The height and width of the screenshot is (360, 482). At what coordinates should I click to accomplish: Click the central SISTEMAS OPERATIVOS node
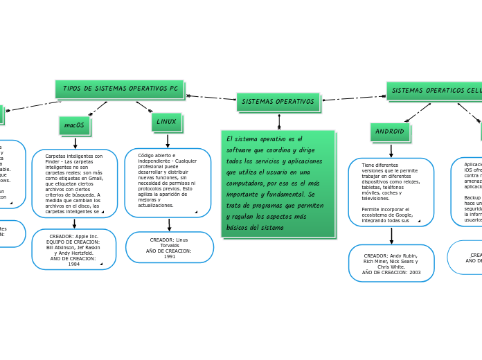pyautogui.click(x=278, y=102)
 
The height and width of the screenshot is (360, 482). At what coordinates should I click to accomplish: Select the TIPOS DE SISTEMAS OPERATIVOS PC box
pyautogui.click(x=119, y=89)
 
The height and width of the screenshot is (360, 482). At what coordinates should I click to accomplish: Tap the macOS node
pyautogui.click(x=74, y=125)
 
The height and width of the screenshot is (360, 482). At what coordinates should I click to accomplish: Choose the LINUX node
pyautogui.click(x=166, y=122)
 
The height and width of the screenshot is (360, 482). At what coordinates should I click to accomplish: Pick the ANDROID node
pyautogui.click(x=389, y=132)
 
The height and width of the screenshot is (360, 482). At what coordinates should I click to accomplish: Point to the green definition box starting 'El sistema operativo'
pyautogui.click(x=278, y=183)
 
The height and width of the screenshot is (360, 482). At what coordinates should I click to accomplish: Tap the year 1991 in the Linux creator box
pyautogui.click(x=170, y=257)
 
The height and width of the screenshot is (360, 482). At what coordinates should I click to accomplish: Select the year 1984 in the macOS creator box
pyautogui.click(x=74, y=264)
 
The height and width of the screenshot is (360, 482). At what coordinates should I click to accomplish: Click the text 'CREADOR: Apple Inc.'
pyautogui.click(x=74, y=236)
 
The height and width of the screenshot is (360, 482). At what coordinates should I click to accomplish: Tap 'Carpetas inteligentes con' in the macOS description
pyautogui.click(x=74, y=156)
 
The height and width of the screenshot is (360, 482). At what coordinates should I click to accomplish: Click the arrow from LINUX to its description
pyautogui.click(x=168, y=141)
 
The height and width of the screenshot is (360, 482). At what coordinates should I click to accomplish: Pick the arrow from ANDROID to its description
pyautogui.click(x=391, y=150)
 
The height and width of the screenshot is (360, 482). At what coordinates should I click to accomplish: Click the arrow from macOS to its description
pyautogui.click(x=75, y=143)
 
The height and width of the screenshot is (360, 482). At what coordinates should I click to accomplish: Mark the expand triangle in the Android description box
pyautogui.click(x=419, y=220)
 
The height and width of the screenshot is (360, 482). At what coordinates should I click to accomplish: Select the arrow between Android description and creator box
pyautogui.click(x=391, y=235)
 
